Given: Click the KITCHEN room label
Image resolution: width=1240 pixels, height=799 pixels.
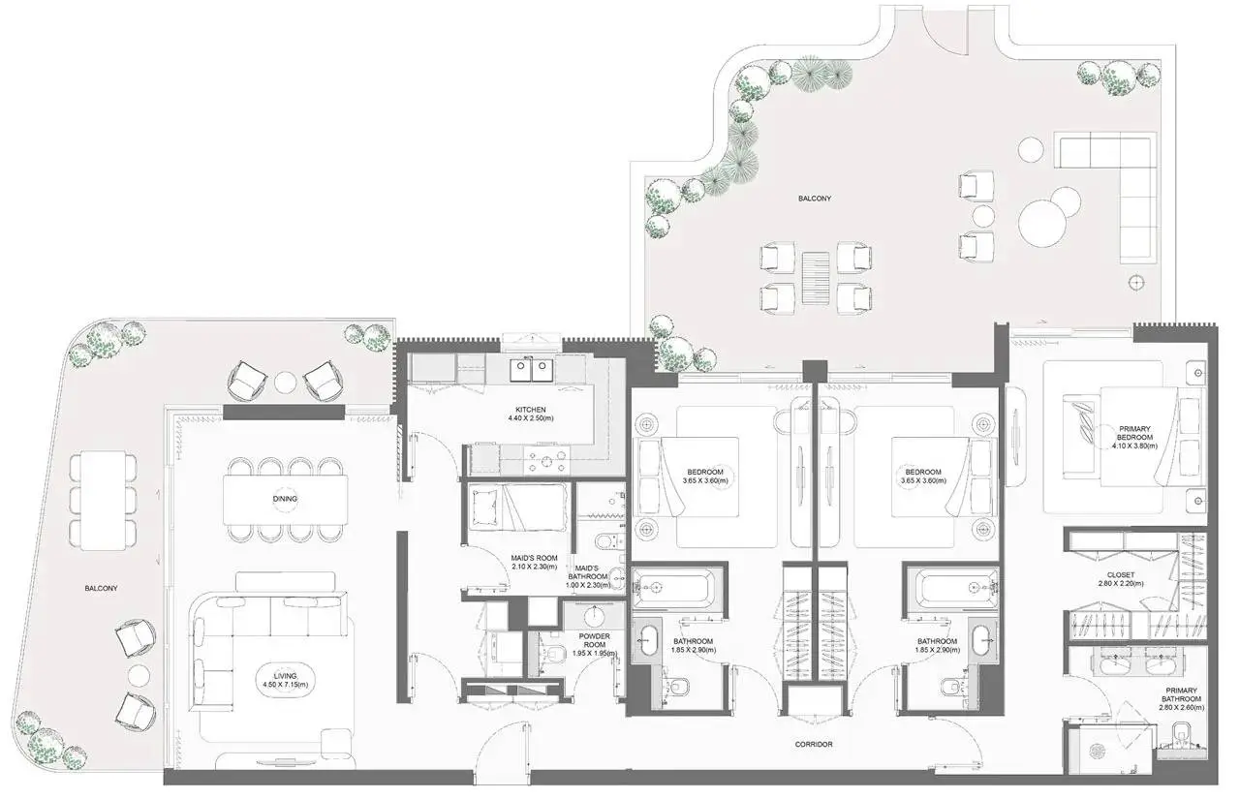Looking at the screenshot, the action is point(530,410).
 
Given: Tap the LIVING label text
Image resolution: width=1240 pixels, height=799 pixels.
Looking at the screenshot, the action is point(285,676).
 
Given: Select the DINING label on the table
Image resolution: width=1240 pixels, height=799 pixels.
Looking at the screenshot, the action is point(285,499).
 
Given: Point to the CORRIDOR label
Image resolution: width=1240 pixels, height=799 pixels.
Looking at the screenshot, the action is point(814,744).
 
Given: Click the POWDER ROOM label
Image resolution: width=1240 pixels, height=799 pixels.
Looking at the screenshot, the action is point(595,641).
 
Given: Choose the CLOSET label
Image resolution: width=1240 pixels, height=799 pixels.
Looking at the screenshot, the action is point(1121,575).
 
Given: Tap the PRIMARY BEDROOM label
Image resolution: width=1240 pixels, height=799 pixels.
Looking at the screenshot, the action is point(1134,433).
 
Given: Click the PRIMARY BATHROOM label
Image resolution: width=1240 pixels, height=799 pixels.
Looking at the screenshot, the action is point(1181,694).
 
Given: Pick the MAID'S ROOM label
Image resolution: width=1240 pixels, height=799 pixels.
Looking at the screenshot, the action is point(534,558).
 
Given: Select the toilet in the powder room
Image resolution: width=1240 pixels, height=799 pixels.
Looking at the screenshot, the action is point(554,655).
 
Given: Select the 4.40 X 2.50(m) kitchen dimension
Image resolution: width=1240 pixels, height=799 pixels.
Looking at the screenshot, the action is point(531,418).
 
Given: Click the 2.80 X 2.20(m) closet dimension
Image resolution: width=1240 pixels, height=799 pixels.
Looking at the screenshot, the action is point(1121,583).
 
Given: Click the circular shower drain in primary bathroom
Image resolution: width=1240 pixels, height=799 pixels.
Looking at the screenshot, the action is point(1098,751).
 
